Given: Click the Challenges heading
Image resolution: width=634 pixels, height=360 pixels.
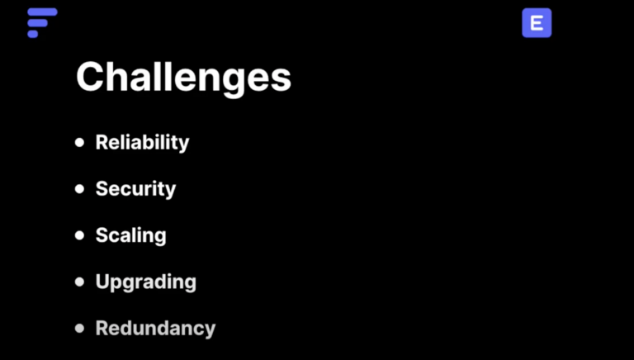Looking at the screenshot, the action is pos(183,78).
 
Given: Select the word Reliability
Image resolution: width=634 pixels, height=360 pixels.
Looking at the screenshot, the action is pos(142,143).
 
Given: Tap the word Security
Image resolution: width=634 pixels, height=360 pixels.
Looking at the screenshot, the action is pos(136,189).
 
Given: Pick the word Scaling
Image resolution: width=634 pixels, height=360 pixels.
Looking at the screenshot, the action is pos(131,235).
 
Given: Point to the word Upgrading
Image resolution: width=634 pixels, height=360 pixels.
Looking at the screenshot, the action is pos(146,282).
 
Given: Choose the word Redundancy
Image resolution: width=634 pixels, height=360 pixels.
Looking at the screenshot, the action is pos(156,328).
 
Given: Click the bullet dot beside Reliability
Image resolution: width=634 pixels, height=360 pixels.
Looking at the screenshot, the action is pos(79,142).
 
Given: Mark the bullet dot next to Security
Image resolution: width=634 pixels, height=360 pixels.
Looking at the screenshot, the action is pos(79,189).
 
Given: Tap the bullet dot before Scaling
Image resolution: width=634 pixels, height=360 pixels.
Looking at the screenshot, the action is pos(79,235).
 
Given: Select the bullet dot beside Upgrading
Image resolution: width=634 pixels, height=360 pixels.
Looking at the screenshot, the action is pos(79,282).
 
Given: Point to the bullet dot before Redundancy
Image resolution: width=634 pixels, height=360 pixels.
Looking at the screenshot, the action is pos(79,328).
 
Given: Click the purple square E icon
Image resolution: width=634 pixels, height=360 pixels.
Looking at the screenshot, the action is pos(537,23).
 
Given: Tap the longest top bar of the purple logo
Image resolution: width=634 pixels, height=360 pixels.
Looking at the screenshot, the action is pos(42,12).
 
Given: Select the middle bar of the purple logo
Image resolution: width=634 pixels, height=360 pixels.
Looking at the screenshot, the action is pos(38,23).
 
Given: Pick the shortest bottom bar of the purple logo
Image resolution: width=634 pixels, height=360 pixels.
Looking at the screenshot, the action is pos(33,34).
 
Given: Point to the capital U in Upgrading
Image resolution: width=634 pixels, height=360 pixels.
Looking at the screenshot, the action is pos(103,282).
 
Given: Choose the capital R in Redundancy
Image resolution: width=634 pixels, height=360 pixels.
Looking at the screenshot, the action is pos(103,328).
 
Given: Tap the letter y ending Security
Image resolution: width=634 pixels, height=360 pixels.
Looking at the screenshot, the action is pos(170,192).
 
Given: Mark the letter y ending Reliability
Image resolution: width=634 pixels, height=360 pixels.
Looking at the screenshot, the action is pos(183,145).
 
